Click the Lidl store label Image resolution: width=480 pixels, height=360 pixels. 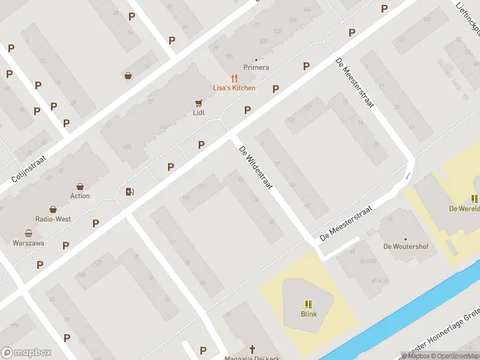(199, 112)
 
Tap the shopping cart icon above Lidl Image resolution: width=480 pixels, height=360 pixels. (199, 103)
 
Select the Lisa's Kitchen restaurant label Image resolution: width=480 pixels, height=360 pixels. (234, 88)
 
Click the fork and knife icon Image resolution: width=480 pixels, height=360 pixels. (234, 78)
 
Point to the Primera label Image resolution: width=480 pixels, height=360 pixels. (256, 68)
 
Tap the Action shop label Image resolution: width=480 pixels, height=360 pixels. (80, 196)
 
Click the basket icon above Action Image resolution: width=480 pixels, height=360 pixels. (80, 186)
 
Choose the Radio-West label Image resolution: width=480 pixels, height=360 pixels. (53, 219)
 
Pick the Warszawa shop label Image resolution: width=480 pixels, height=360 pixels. (28, 243)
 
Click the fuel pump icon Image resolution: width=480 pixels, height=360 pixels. (129, 191)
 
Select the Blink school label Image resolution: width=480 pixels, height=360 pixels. (309, 314)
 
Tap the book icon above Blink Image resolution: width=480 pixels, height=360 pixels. (309, 304)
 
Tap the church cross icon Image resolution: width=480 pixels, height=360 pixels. (253, 349)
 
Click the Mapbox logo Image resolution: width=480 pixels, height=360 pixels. (27, 353)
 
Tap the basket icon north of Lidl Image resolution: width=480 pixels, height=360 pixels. (128, 76)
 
